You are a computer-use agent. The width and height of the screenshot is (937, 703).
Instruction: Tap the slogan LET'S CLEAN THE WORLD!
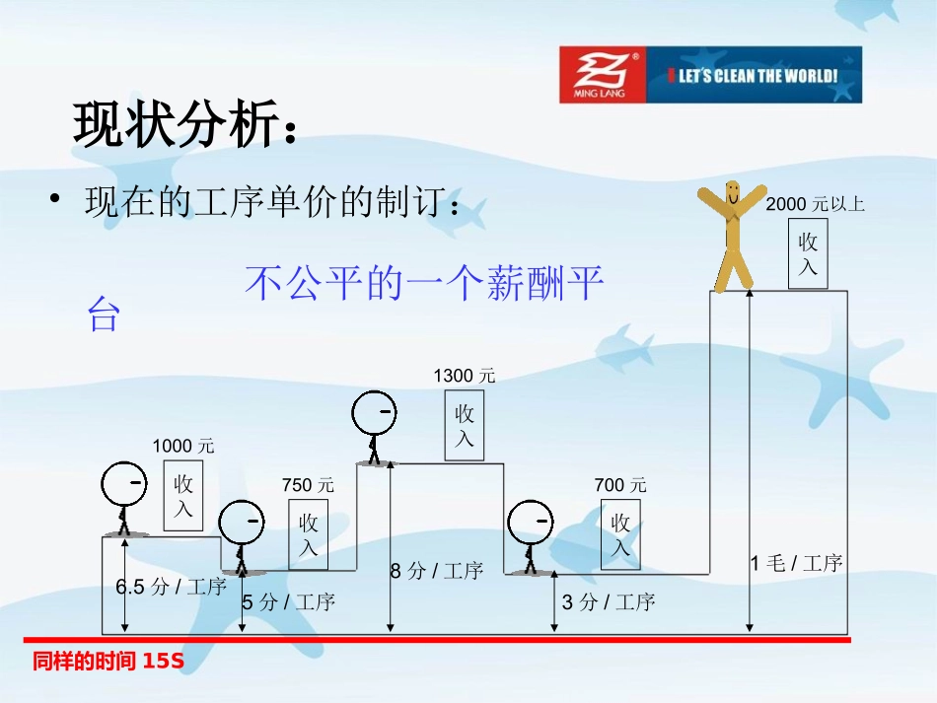[x=755, y=76]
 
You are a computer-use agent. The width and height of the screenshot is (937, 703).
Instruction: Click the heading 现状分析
[x=183, y=125]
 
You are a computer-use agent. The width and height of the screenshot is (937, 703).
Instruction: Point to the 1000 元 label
[x=182, y=447]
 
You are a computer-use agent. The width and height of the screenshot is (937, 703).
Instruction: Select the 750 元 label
[x=308, y=485]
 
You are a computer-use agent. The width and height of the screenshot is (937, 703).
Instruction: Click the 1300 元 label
[x=465, y=376]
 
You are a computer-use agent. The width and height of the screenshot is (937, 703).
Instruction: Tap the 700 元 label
[x=620, y=485]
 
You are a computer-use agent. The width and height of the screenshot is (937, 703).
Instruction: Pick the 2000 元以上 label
[x=815, y=204]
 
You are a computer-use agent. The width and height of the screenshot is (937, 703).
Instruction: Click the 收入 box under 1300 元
[x=465, y=427]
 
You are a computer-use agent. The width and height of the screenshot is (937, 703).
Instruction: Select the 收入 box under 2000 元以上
[x=808, y=254]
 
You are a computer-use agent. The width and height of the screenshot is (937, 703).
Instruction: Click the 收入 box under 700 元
[x=620, y=534]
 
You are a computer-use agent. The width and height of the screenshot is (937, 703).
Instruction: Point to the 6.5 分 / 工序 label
[x=172, y=587]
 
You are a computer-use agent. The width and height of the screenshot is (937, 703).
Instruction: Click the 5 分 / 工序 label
[x=289, y=601]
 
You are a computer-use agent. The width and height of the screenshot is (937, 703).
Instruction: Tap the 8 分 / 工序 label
[x=436, y=570]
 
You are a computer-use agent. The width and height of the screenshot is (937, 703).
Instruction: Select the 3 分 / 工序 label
[x=609, y=601]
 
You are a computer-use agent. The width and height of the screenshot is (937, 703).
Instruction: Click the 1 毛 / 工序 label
[x=796, y=563]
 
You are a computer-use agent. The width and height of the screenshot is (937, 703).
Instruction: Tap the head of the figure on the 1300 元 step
[x=375, y=414]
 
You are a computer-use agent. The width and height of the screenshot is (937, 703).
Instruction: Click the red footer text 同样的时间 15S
[x=108, y=662]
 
